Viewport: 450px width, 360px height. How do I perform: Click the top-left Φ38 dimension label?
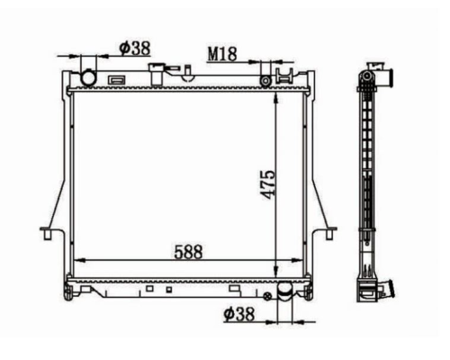135,49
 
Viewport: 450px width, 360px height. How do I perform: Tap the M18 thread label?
222,54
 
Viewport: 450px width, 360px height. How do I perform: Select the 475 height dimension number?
267,184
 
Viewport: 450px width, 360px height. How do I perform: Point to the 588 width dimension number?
188,252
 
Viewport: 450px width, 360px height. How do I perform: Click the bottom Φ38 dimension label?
239,314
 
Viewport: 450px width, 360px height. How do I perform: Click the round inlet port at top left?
88,77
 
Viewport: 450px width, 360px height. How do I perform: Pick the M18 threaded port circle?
265,81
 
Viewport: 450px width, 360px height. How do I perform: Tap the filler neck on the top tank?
157,74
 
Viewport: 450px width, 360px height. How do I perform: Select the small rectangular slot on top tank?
116,80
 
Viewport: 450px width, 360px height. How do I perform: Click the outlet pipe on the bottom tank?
284,292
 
